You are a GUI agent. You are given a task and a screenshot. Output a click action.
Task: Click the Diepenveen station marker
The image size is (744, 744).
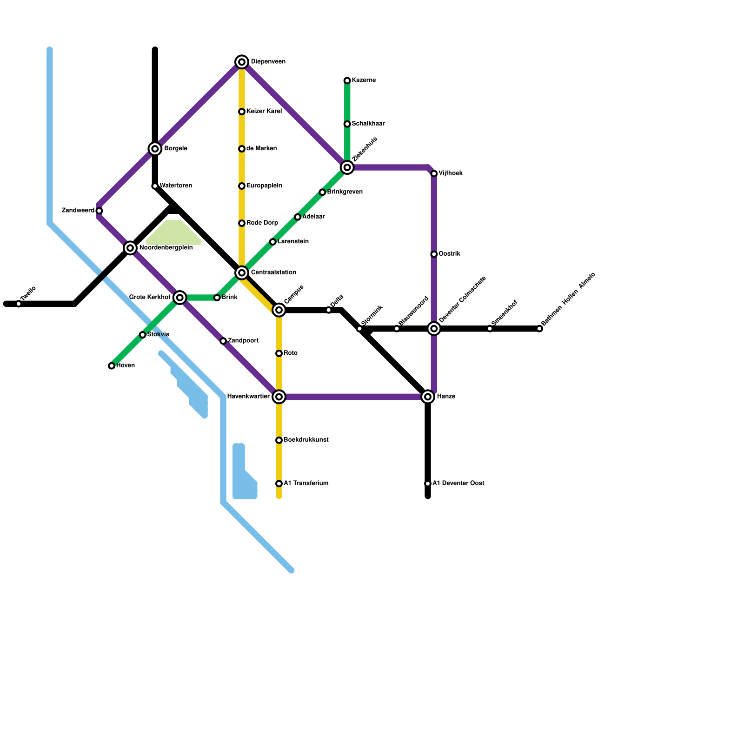click(242, 62)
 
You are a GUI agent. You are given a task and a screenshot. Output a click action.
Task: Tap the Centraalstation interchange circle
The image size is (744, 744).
click(242, 272)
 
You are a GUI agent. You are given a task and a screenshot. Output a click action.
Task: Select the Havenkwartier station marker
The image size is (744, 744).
click(279, 397)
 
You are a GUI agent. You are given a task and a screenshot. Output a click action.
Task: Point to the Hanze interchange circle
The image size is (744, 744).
click(428, 397)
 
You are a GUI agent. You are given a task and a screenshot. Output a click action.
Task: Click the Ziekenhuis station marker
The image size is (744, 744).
click(347, 167)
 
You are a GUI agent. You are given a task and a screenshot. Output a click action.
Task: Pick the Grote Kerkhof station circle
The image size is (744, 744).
click(180, 298)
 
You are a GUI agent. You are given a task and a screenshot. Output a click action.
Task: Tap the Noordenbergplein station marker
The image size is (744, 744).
click(130, 248)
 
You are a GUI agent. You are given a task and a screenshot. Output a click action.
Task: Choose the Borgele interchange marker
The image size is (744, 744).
click(155, 149)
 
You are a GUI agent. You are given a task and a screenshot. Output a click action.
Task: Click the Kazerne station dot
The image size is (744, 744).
click(347, 81)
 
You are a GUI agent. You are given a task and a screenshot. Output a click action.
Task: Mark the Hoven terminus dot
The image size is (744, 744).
click(112, 366)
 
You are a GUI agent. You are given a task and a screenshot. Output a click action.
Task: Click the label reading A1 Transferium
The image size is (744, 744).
click(306, 484)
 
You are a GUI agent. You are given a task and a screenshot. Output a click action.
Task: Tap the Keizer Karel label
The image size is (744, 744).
click(264, 112)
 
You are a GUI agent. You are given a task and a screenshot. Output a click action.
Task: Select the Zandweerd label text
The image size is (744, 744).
click(78, 211)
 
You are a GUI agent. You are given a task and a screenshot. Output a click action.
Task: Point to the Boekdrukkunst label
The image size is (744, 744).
click(306, 440)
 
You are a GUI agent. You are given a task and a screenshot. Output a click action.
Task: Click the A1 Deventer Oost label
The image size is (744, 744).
click(458, 484)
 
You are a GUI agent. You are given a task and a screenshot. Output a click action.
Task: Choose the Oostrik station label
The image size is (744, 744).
click(449, 254)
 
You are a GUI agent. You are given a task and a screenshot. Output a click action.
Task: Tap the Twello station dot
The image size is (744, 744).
click(19, 304)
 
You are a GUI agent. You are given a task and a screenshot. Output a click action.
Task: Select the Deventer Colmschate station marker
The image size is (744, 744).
click(434, 329)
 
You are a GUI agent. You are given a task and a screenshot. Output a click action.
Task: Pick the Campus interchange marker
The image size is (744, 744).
click(279, 310)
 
